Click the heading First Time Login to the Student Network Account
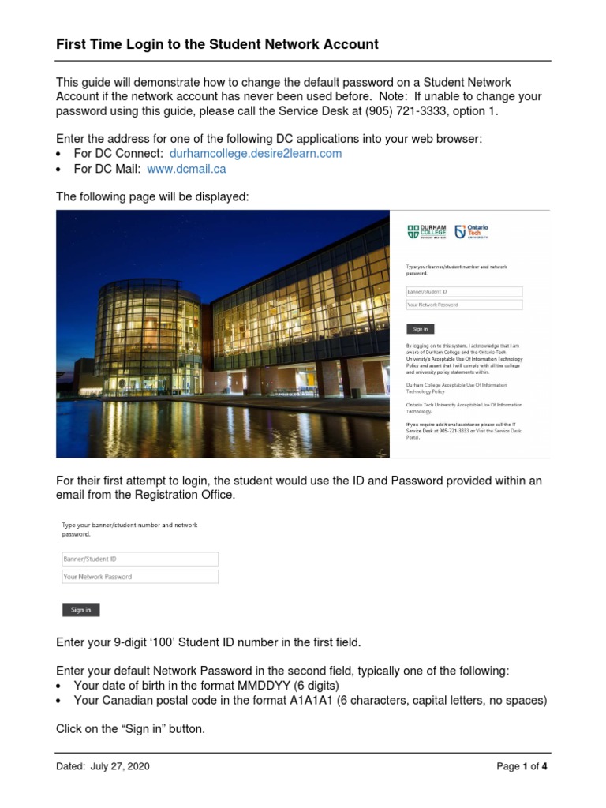coord(217,45)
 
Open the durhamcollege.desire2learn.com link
coord(256,154)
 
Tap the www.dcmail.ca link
coord(186,169)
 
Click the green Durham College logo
coord(426,231)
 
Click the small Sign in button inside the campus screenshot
coord(420,329)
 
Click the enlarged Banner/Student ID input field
coord(140,559)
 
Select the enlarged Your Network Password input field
coord(140,577)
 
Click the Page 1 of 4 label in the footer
coord(522,766)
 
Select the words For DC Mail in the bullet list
coord(107,169)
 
